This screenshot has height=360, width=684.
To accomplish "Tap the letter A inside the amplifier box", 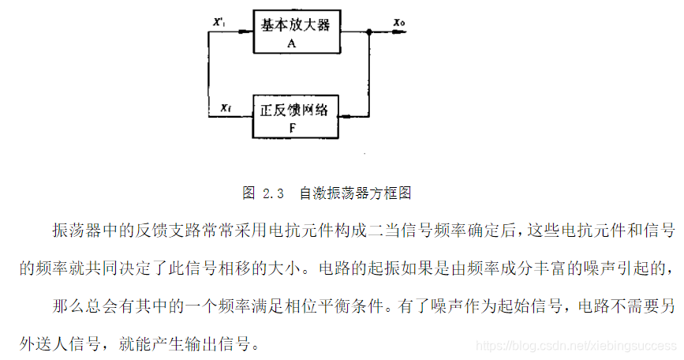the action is pos(291,43).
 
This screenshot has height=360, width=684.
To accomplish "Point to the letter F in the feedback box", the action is pos(291,127).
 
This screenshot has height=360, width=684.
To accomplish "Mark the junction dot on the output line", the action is pos(369,32).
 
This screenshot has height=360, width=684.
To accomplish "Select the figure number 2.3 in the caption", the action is pos(273,193).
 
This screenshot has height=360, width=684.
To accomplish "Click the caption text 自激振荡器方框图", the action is pos(356,193).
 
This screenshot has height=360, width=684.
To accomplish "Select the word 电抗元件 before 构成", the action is pos(299,230).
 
